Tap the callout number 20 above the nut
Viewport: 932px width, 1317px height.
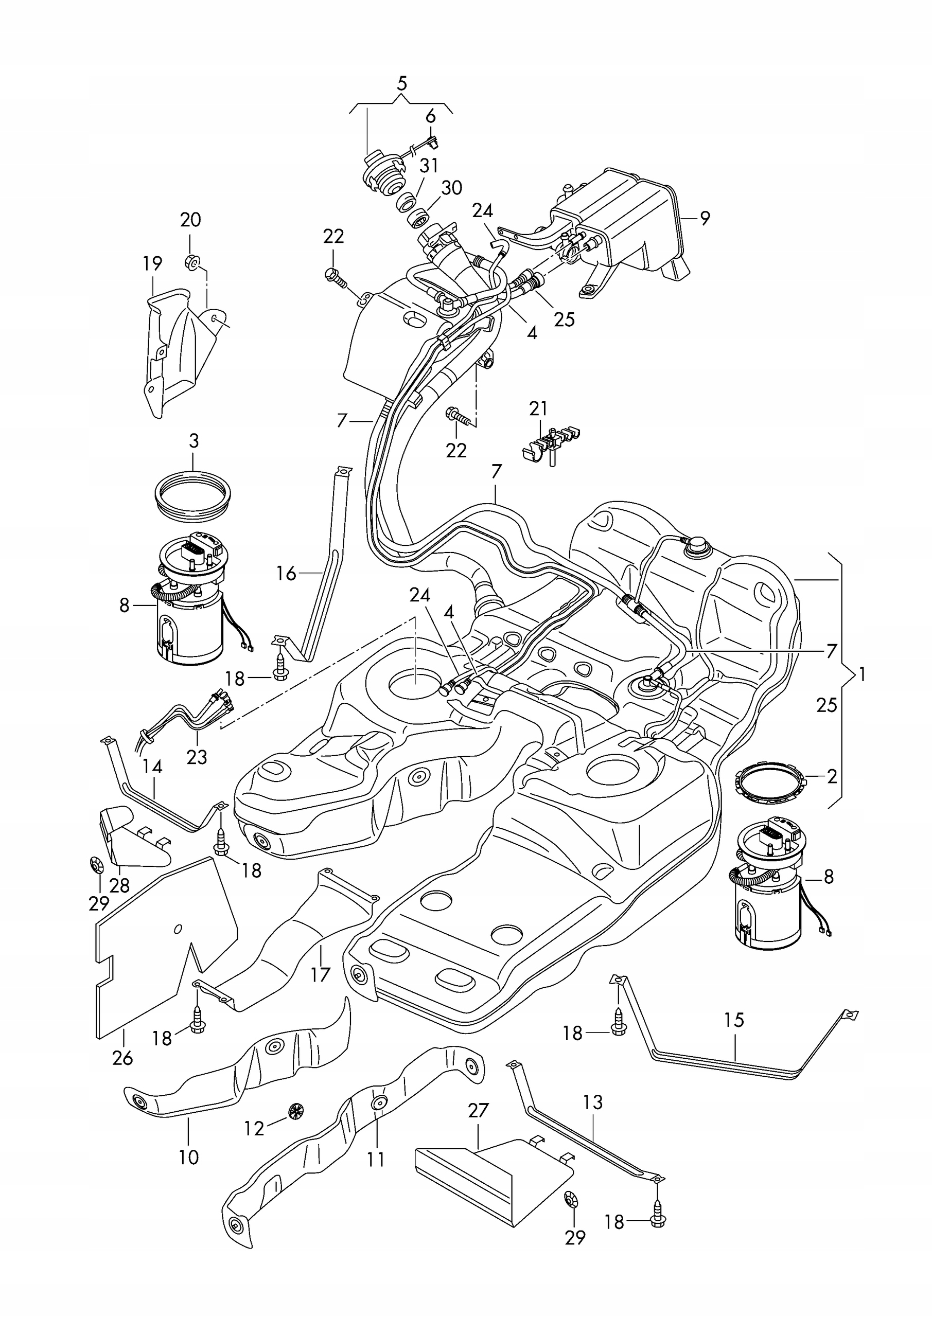click(190, 220)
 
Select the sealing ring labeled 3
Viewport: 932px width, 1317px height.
click(194, 494)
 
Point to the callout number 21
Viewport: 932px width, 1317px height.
click(538, 408)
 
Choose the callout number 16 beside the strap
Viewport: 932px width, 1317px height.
click(286, 573)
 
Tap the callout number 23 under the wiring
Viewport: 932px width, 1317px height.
click(196, 757)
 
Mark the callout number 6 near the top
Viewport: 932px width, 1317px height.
click(430, 116)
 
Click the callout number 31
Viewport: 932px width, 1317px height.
click(429, 165)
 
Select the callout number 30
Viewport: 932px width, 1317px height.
click(452, 188)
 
